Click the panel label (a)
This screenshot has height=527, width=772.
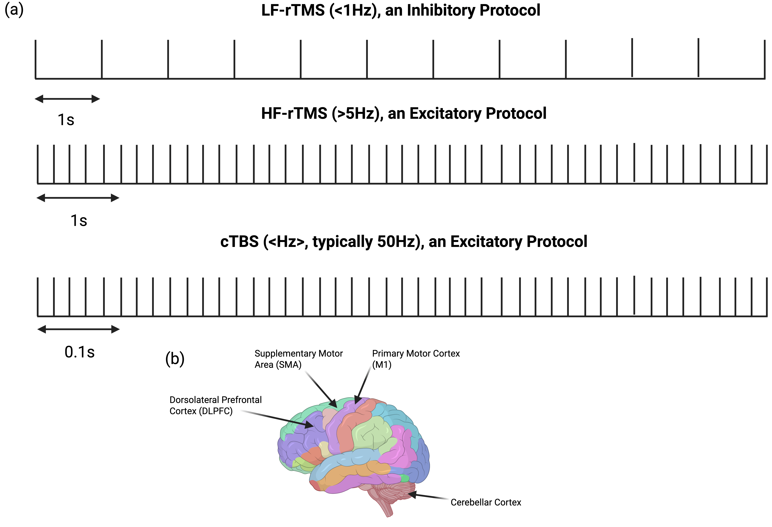[x=14, y=10]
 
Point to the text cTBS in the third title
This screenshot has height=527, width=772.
[x=239, y=242]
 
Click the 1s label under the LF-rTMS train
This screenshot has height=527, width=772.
[x=66, y=120]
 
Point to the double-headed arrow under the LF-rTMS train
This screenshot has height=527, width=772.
[x=67, y=99]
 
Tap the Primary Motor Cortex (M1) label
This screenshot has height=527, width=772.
[x=416, y=359]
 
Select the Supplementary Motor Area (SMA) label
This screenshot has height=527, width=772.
[x=298, y=359]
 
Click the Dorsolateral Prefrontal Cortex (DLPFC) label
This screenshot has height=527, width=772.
[x=215, y=405]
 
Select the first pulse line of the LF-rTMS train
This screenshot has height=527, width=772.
[x=36, y=59]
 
